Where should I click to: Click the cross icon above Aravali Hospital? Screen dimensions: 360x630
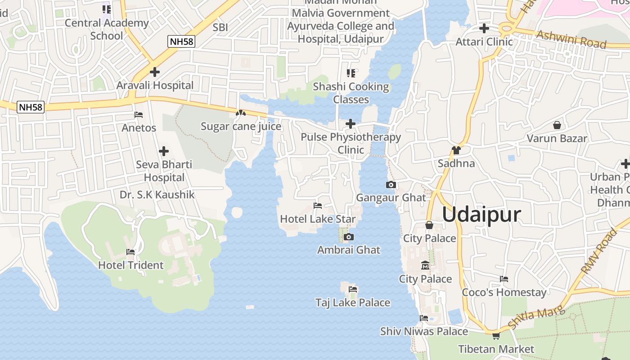click(x=155, y=72)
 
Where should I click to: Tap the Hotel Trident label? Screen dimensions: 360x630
click(x=130, y=265)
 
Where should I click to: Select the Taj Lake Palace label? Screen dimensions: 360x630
click(x=352, y=302)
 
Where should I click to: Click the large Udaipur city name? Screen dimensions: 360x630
click(x=481, y=214)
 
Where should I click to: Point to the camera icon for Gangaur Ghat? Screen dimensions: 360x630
click(x=391, y=184)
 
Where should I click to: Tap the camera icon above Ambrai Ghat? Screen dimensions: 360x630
click(x=348, y=237)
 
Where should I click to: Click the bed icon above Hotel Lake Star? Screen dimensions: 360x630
click(x=318, y=206)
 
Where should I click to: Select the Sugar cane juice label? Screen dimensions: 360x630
click(x=241, y=126)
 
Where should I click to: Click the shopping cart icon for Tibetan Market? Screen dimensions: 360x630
click(x=496, y=336)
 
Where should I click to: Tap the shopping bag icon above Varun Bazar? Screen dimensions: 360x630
click(x=557, y=125)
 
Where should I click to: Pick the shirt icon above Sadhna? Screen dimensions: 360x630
click(x=456, y=150)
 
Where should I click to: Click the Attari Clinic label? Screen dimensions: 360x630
click(x=484, y=42)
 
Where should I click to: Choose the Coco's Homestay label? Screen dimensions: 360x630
click(x=504, y=292)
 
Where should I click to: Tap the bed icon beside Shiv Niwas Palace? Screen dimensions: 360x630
click(x=423, y=318)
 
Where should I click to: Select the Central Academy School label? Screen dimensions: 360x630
click(x=107, y=29)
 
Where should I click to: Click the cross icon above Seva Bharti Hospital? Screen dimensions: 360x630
click(x=164, y=151)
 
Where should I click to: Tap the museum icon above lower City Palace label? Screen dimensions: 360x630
click(x=425, y=265)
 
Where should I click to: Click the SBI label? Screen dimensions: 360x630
click(x=220, y=27)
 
